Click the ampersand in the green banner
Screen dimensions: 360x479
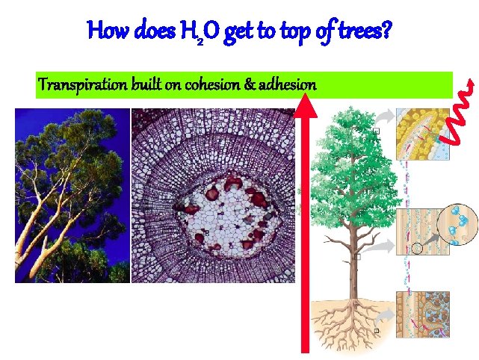(249, 85)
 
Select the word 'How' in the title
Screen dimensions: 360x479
(105, 31)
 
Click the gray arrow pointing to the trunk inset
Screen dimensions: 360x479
(384, 244)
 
